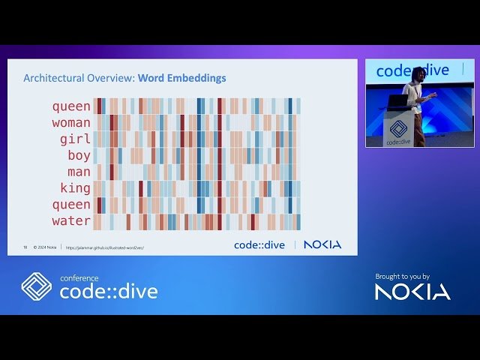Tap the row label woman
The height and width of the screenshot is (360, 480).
[71, 122]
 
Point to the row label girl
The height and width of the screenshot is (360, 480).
[75, 139]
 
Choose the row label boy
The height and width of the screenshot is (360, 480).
[79, 155]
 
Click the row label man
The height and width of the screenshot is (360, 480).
[79, 172]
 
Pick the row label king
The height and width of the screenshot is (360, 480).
[75, 188]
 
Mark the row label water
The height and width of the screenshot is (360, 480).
[71, 221]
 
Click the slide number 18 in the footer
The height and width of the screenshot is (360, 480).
[25, 247]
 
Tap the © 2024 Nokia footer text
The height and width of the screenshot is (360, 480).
[45, 247]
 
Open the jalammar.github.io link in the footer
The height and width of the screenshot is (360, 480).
[104, 247]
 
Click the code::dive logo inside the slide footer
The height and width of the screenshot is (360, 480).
[259, 244]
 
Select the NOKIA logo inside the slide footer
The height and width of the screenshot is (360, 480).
[322, 244]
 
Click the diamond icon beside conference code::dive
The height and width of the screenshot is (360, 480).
[36, 286]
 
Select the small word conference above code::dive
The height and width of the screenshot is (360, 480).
[79, 278]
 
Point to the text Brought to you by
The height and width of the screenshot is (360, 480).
[402, 277]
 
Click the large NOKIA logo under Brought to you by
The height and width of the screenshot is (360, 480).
[412, 292]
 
